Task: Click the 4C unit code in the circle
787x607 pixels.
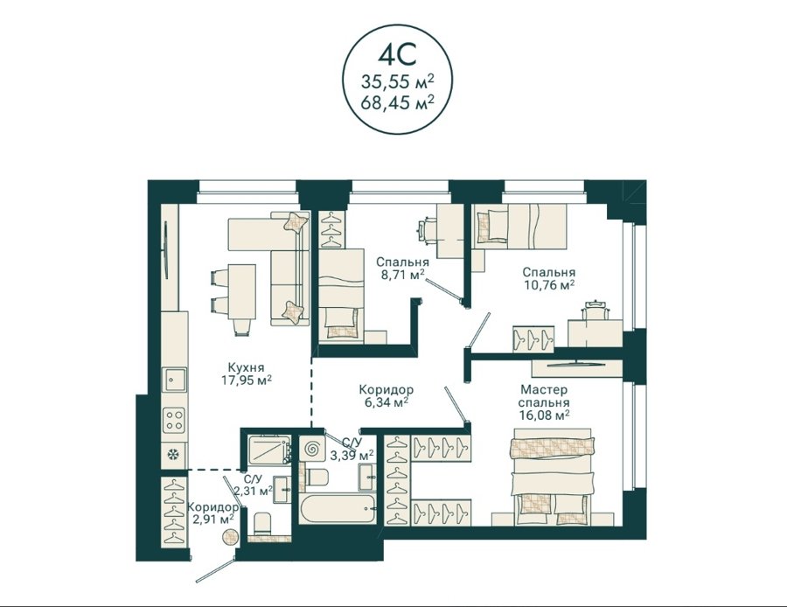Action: pos(397,55)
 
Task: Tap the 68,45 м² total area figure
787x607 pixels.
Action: pos(397,103)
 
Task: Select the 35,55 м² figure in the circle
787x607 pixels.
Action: pos(397,80)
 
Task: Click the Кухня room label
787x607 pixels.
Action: pos(246,366)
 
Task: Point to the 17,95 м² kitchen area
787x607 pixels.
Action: pos(247,380)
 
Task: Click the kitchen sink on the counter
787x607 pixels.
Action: pos(174,380)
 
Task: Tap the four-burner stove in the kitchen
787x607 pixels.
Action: pos(174,420)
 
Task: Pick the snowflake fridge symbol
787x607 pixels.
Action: pos(174,455)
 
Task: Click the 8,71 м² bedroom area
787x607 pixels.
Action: pos(401,275)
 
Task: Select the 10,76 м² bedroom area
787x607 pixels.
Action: pos(548,284)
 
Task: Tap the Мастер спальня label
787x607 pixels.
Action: pos(544,395)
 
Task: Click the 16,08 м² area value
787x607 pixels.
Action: pos(544,415)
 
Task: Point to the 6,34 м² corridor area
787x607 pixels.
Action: pos(386,402)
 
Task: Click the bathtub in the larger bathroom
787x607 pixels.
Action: pos(338,508)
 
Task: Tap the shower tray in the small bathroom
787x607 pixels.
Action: pos(269,449)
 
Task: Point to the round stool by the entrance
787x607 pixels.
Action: pos(231,537)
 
